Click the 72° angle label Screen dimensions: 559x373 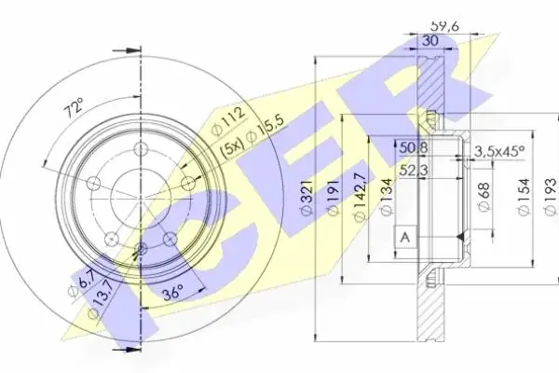tap(75, 107)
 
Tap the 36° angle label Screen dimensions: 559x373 tap(173, 293)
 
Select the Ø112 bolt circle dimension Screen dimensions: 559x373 tap(228, 120)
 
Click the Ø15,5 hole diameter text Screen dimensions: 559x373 tap(267, 130)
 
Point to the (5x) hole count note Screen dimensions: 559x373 tap(232, 147)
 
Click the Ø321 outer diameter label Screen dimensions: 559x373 tap(307, 198)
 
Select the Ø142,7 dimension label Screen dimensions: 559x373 tap(359, 197)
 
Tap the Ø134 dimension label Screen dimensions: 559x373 tap(387, 197)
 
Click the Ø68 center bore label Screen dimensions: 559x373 tap(484, 198)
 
